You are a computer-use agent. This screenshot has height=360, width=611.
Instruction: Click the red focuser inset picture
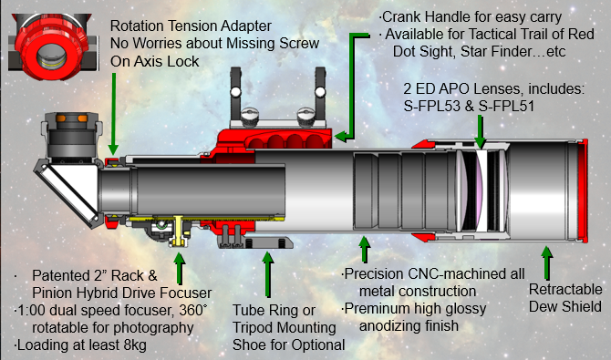point(53,46)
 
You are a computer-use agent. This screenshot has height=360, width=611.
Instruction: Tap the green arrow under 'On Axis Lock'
point(113,114)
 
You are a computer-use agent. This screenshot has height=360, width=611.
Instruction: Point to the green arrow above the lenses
point(480,131)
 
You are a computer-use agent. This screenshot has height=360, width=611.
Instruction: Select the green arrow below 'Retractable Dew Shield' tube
point(546,262)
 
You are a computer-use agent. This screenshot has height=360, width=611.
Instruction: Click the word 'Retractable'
point(565,289)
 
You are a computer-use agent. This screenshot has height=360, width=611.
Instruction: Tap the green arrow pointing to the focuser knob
point(180,269)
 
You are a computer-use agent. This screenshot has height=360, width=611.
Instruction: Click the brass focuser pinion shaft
point(178,231)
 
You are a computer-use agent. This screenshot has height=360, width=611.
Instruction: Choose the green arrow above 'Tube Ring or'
point(268,274)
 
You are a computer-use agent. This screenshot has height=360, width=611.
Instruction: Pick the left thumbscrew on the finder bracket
point(249,117)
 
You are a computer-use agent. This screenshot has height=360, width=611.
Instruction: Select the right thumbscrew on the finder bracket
point(305,117)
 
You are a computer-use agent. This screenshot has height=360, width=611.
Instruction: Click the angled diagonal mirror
point(67,191)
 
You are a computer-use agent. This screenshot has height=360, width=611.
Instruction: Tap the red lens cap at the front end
point(583,190)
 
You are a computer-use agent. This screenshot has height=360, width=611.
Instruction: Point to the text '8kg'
point(134,345)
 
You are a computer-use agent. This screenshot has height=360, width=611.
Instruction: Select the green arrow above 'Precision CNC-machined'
point(365,250)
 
